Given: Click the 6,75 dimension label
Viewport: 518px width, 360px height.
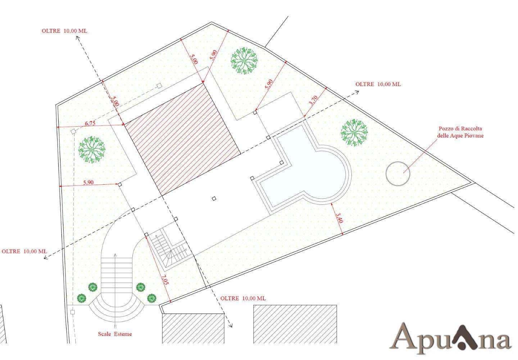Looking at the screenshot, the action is [90, 123].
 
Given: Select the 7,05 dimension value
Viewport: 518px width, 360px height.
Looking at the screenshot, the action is [165, 279].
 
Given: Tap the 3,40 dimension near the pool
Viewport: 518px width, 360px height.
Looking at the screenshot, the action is [339, 218].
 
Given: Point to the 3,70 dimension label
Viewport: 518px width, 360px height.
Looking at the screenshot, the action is [314, 101].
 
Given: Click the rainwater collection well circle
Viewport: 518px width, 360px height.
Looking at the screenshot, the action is [398, 174].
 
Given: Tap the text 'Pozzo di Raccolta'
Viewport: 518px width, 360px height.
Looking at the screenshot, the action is [460, 129].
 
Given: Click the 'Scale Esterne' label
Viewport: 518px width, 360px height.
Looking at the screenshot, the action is [115, 334].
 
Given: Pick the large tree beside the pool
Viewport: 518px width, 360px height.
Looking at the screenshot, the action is [354, 132].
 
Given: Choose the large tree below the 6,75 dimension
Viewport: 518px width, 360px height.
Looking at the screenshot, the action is [92, 150].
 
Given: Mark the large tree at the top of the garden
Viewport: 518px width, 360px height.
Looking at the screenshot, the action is [244, 61].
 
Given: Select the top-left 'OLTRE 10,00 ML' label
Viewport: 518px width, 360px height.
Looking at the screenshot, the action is [64, 31].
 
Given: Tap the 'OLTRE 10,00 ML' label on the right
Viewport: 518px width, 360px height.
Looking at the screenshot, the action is [378, 84].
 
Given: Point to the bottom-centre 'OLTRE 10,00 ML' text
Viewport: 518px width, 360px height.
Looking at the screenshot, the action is [243, 298].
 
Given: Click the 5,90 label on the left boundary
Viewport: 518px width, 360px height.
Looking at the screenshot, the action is [88, 182].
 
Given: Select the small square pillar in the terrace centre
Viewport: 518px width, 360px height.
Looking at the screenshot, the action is [214, 198].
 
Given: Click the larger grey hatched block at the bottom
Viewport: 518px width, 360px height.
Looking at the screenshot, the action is [295, 324].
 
